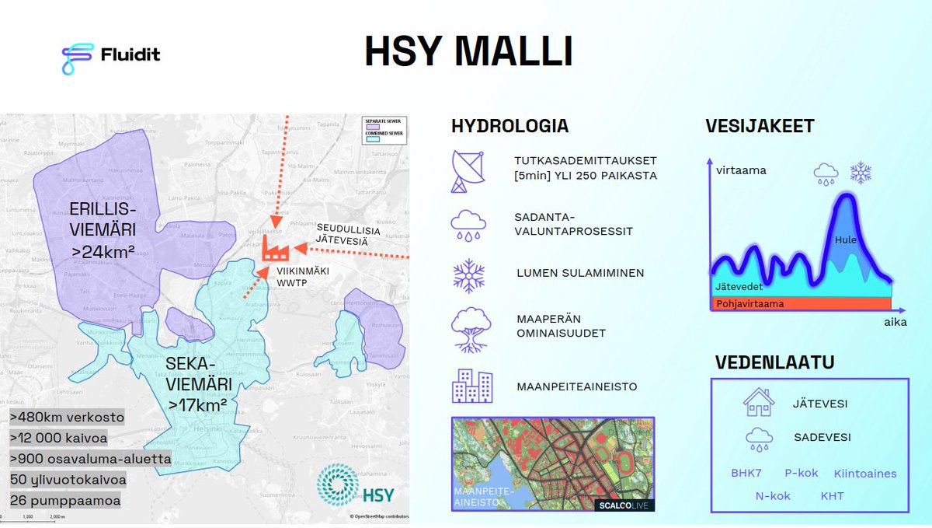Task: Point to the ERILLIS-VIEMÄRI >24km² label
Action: [x=103, y=229]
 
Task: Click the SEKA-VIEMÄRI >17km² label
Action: [x=196, y=384]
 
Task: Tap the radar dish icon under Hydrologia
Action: [x=468, y=170]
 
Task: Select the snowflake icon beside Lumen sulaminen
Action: [x=468, y=276]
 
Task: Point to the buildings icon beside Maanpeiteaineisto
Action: [x=471, y=385]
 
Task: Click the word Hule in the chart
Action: [x=846, y=240]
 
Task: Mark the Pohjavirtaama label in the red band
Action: [x=749, y=304]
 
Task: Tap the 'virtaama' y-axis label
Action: [x=741, y=170]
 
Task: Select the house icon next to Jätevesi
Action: [x=758, y=403]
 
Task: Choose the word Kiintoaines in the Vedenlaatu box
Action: [x=865, y=474]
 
